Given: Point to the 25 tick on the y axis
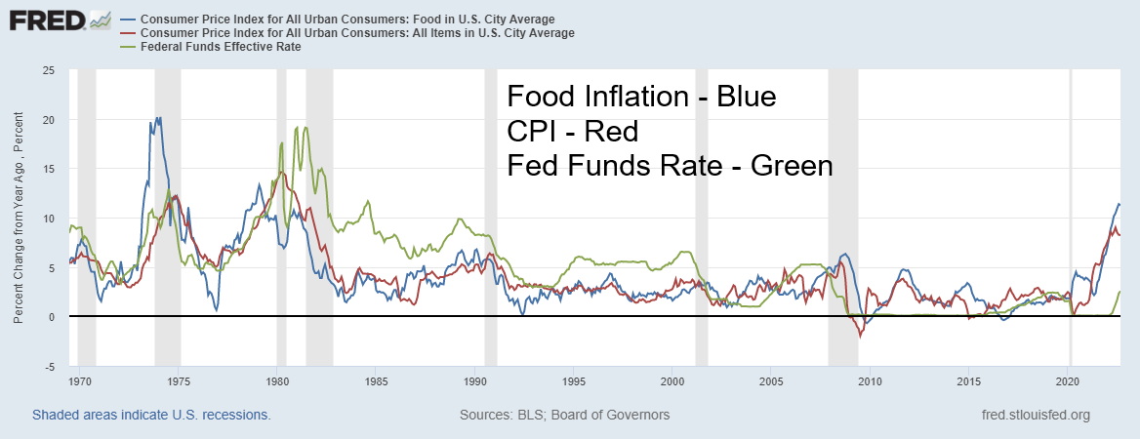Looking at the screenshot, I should tap(48, 70).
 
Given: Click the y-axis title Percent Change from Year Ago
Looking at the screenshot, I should tap(20, 219).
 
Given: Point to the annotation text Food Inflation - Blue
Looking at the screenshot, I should tap(641, 97).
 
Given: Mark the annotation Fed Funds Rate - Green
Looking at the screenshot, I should tap(670, 165).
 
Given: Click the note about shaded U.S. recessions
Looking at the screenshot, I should tap(151, 415).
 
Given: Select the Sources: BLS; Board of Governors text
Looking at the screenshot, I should tap(564, 415).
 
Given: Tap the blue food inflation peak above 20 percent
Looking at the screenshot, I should tap(158, 118).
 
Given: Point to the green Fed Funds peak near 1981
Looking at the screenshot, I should tap(306, 127).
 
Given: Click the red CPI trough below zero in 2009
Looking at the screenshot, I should tap(860, 337).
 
